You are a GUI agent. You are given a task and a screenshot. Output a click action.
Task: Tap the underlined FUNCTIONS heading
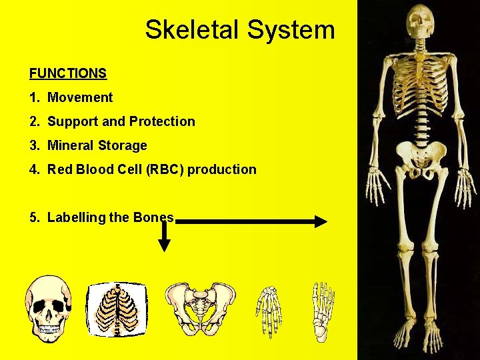tap(68, 73)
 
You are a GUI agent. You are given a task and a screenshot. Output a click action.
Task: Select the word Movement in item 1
tap(80, 97)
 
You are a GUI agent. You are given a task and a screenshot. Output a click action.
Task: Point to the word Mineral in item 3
tap(71, 145)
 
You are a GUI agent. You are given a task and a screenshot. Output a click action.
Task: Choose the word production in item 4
tap(222, 169)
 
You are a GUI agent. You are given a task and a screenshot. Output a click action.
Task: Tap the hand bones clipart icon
tap(269, 310)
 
